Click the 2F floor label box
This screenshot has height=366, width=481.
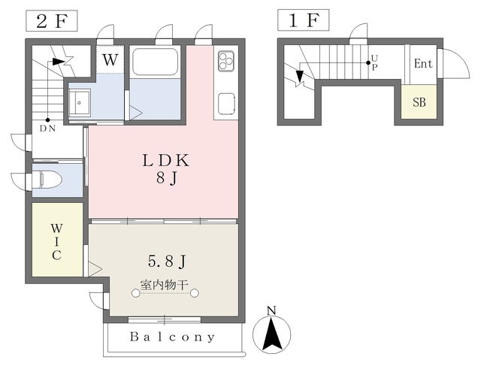52,21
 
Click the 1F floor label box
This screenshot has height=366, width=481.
304,20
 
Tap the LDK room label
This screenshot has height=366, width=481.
166,160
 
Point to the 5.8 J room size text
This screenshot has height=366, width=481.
167,262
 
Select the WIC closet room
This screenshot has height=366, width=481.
57,239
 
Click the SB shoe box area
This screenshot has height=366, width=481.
419,101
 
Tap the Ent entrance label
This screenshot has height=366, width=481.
423,64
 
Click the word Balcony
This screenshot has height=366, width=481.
172,337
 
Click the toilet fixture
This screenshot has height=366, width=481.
51,180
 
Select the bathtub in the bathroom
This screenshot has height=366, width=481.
156,62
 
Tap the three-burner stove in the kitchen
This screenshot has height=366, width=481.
226,60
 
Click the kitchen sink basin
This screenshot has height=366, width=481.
227,104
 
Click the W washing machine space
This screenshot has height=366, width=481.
110,60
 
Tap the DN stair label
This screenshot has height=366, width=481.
47,129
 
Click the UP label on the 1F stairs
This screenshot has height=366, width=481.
374,62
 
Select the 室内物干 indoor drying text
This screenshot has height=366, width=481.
164,285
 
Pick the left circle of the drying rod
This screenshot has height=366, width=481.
135,293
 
